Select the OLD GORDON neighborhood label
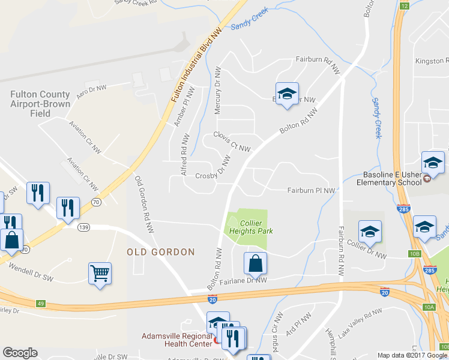point(161,252)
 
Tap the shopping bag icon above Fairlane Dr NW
point(255,262)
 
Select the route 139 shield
point(83,227)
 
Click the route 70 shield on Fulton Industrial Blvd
point(96,202)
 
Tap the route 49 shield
point(40,304)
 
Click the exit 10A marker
point(428,307)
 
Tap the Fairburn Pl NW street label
point(310,191)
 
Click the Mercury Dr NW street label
point(218,91)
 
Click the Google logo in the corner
point(20,353)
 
